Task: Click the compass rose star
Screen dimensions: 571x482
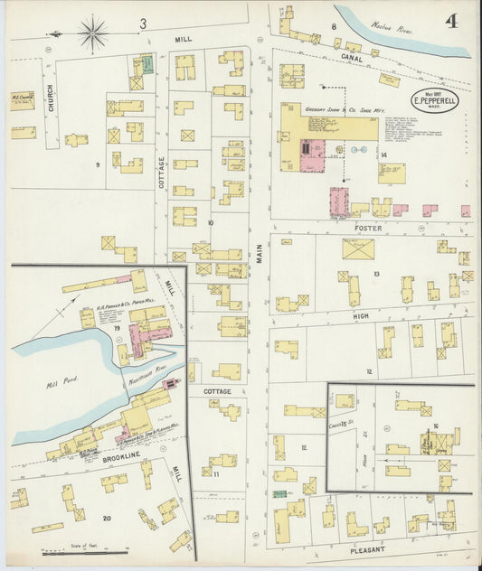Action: coord(92,34)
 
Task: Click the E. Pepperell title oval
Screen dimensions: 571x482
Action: coord(435,100)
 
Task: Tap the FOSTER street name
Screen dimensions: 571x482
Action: coord(368,229)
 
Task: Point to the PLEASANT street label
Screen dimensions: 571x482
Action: coord(367,548)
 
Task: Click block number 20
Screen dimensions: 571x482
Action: coord(107,518)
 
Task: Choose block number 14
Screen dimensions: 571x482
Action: coord(383,155)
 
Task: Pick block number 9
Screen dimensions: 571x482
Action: coord(97,164)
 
